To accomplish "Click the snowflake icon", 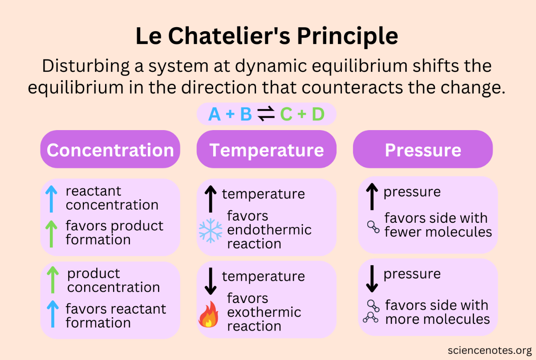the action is (x=210, y=230).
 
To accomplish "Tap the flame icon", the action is (x=208, y=314).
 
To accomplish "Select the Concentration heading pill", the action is (x=110, y=150).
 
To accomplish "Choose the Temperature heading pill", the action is (x=266, y=150).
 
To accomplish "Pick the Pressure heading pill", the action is (x=422, y=150).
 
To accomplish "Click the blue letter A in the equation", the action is (x=215, y=115).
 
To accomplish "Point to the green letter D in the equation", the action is (x=318, y=115).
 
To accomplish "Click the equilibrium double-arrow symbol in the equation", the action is (x=266, y=115).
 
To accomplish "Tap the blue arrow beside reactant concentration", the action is (x=52, y=199).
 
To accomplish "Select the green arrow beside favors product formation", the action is (x=52, y=233).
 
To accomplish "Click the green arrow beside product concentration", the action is (x=53, y=280).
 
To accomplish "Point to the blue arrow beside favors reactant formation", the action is (x=53, y=314).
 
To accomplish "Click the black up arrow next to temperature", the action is (x=210, y=199).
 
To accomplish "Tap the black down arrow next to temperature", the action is (x=210, y=281).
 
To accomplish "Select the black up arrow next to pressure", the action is (x=371, y=196).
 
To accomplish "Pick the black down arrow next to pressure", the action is (x=371, y=278).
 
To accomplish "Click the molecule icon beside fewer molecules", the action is (x=373, y=226).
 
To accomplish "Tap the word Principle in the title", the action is (x=348, y=37).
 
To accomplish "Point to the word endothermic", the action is (x=269, y=230).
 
